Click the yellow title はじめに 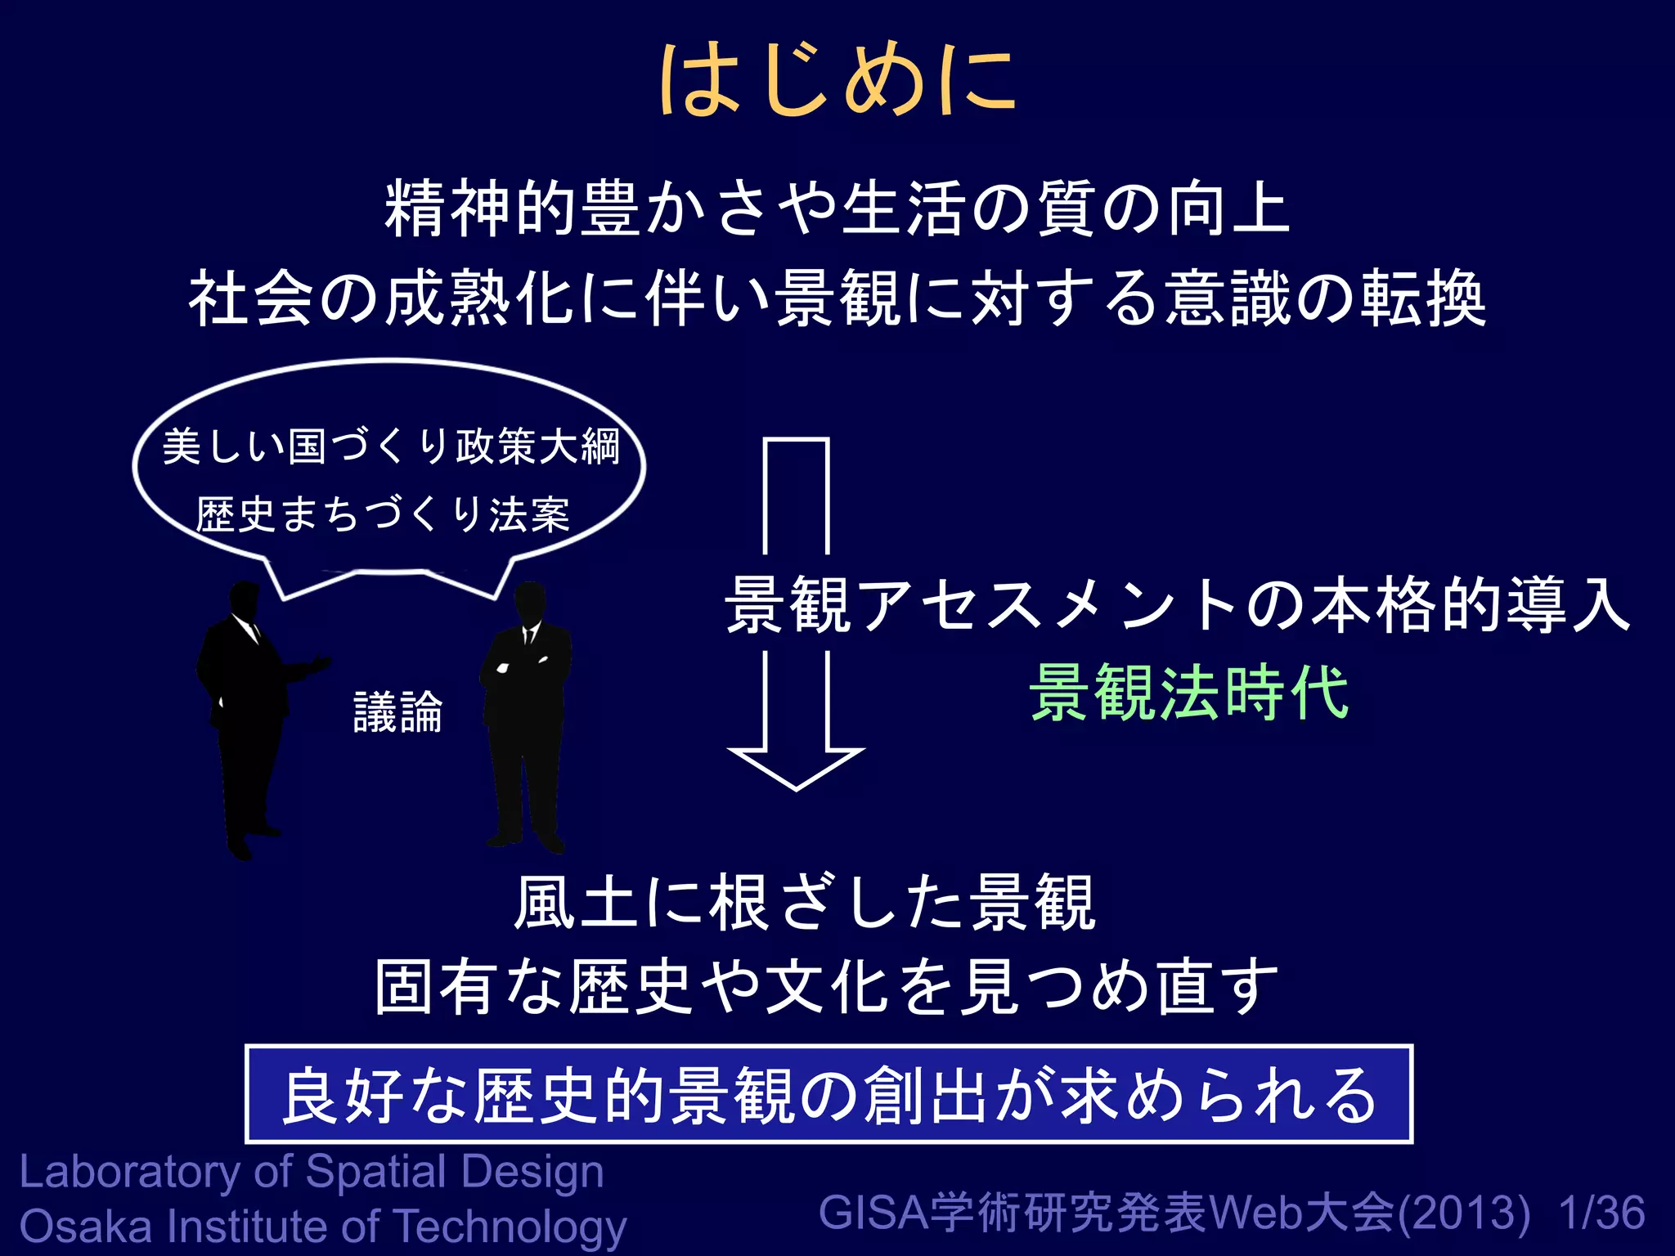tap(837, 80)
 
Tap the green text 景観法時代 tap(1189, 693)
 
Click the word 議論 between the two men tap(397, 712)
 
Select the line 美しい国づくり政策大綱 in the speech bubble tap(391, 447)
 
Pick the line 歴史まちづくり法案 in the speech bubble tap(383, 515)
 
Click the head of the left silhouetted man tap(245, 600)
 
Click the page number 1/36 tap(1601, 1213)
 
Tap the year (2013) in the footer tap(1464, 1213)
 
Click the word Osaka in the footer tap(86, 1227)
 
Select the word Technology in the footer tap(511, 1228)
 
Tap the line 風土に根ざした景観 tap(805, 903)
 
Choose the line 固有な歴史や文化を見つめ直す tap(826, 988)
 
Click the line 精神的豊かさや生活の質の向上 tap(837, 209)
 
